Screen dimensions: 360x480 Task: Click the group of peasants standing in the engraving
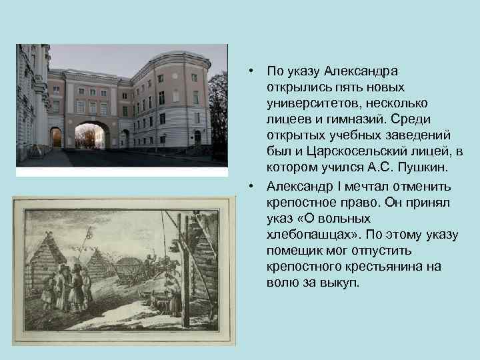click(67, 287)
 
